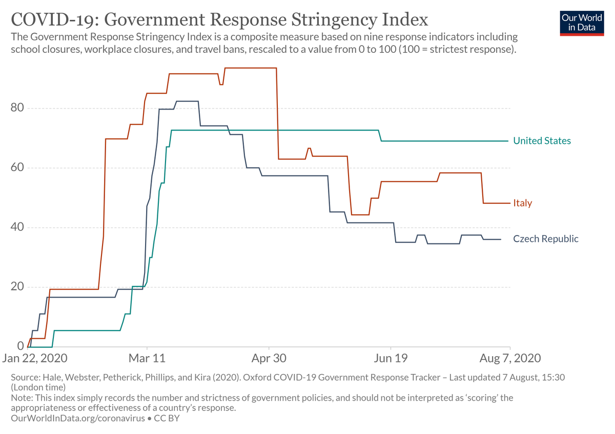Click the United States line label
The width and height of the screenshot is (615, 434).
(542, 141)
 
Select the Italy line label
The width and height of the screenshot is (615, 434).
(523, 203)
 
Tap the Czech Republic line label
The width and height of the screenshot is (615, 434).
(546, 239)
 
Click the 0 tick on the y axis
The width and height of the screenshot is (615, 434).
(21, 346)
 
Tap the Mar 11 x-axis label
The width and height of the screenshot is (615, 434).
(147, 357)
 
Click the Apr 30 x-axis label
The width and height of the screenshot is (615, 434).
(269, 357)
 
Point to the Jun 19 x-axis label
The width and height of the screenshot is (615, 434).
(391, 357)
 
